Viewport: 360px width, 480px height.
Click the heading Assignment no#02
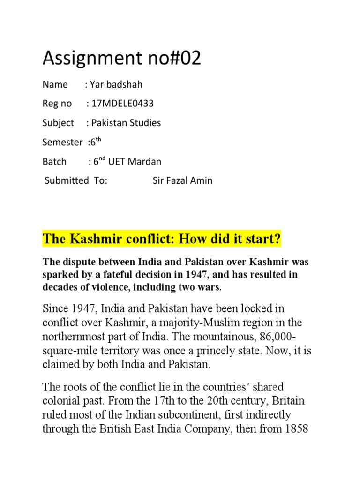click(x=121, y=58)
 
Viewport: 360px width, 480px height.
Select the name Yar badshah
click(x=116, y=85)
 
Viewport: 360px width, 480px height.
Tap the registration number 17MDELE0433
click(x=123, y=104)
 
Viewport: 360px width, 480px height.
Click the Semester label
click(x=62, y=142)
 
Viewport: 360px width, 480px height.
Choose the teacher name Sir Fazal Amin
click(x=182, y=180)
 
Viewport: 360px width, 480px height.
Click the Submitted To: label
click(x=76, y=180)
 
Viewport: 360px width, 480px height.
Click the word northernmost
click(x=79, y=337)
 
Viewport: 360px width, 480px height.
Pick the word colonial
click(x=60, y=402)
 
